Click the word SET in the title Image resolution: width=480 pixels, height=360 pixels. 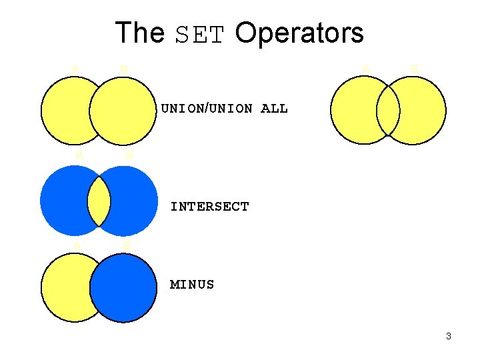(x=199, y=34)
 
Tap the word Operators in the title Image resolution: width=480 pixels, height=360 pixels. (x=299, y=33)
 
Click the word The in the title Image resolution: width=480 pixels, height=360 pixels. (x=139, y=33)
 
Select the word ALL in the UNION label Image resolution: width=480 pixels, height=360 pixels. (x=274, y=108)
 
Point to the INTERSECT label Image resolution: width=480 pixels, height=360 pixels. (x=209, y=207)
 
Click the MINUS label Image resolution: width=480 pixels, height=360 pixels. (x=192, y=285)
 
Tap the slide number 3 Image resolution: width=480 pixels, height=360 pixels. (x=449, y=336)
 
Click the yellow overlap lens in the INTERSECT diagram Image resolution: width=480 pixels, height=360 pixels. (x=99, y=201)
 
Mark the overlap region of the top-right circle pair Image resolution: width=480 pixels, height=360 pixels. (x=388, y=111)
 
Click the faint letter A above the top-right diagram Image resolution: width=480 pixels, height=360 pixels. (x=365, y=67)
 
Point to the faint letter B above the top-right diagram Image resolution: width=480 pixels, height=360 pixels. (x=413, y=68)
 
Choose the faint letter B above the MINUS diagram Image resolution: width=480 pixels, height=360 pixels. (x=127, y=245)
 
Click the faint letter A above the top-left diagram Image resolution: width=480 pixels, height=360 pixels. (x=75, y=68)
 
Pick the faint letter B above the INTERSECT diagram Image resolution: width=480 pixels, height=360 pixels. (x=129, y=155)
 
